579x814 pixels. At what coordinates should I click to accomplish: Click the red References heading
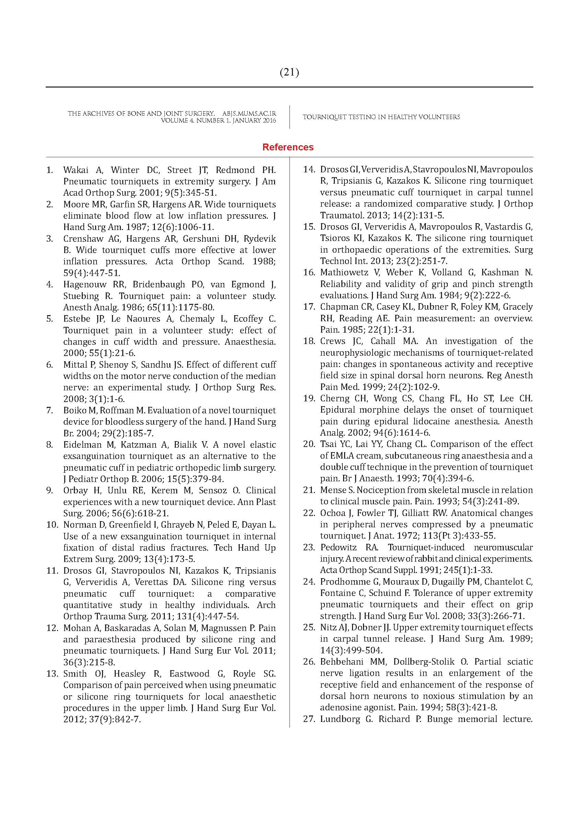(x=288, y=147)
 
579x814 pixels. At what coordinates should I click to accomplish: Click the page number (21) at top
(x=289, y=72)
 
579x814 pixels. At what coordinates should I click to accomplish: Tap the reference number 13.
(x=52, y=674)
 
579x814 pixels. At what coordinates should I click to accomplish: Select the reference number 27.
(x=309, y=719)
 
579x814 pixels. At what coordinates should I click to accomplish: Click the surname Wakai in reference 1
(x=76, y=170)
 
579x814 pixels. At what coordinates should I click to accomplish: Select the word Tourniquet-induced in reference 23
(x=426, y=548)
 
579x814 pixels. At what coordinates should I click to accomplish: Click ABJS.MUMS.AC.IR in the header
(x=249, y=114)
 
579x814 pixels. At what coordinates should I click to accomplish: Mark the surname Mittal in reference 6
(x=74, y=365)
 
